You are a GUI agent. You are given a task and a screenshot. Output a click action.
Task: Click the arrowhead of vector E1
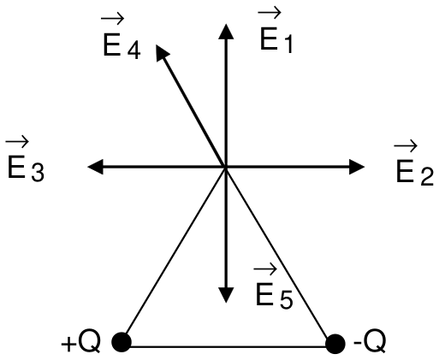pos(226,32)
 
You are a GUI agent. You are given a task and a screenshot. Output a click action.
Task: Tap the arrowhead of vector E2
pos(357,167)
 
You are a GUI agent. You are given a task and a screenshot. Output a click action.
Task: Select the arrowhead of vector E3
pos(95,167)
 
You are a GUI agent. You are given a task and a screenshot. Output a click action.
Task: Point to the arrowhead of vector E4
pos(162,52)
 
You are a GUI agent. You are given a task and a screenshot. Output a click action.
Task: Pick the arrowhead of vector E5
pos(226,295)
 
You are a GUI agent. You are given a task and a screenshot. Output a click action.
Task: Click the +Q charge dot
pos(122,342)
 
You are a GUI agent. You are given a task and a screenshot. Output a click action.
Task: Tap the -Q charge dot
pos(335,344)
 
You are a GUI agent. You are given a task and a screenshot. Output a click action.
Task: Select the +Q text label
pos(80,342)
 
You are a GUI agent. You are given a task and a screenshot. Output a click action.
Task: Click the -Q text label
pos(370,341)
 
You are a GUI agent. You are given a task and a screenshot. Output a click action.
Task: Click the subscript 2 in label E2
pos(427,178)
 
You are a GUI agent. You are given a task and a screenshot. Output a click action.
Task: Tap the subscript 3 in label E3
pos(38,173)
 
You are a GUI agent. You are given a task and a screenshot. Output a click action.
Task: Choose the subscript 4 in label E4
pos(133,50)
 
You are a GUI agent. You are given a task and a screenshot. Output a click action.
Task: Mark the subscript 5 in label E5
pos(286,300)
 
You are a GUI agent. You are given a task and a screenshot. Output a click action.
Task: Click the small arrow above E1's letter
pos(270,13)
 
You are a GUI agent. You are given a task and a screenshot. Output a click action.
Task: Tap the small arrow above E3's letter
pos(17,141)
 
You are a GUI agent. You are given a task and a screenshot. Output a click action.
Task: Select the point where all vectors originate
pos(226,167)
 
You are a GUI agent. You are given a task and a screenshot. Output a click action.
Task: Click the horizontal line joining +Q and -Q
pos(228,346)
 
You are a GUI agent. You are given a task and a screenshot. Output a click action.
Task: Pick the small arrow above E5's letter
pos(265,269)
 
